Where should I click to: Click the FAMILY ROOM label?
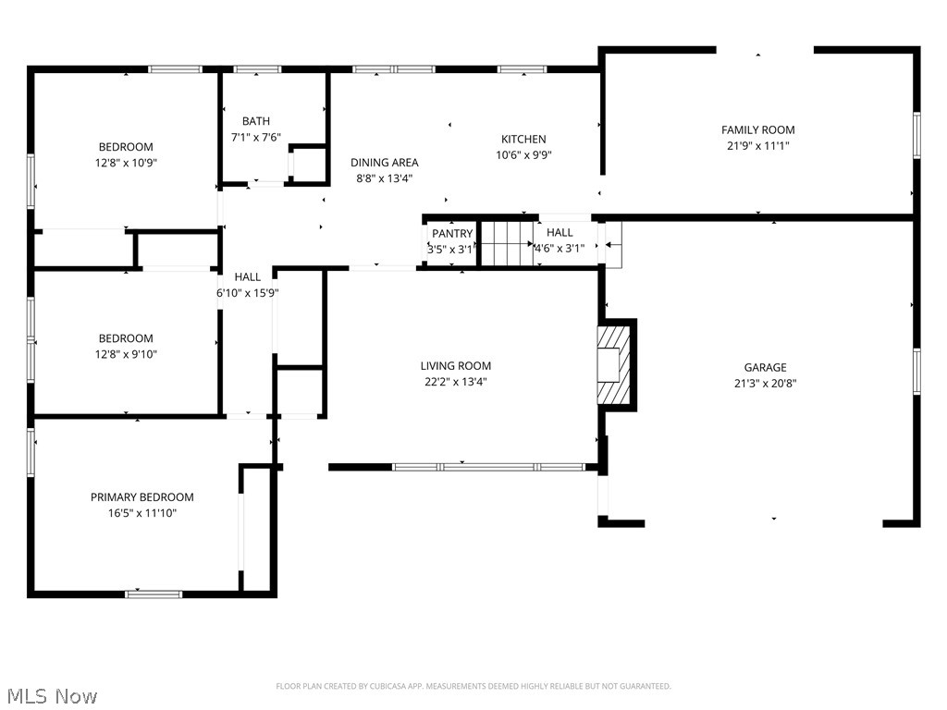(x=757, y=130)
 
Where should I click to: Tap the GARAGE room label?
(x=765, y=367)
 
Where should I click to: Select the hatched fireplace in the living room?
(x=612, y=364)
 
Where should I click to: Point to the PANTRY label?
(x=451, y=234)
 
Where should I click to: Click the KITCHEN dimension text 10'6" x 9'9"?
(x=523, y=155)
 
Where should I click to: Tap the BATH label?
(x=256, y=121)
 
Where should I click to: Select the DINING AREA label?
(x=384, y=163)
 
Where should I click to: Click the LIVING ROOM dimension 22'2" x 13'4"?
(x=455, y=381)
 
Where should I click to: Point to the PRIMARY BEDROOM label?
(x=141, y=497)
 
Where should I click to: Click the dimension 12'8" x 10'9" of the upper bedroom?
(x=126, y=163)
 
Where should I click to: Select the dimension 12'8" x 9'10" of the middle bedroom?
(x=126, y=354)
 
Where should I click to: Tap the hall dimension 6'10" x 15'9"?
(x=247, y=292)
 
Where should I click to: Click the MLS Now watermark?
(x=51, y=695)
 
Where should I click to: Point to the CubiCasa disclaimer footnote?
(x=473, y=686)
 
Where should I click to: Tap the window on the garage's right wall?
(x=916, y=370)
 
